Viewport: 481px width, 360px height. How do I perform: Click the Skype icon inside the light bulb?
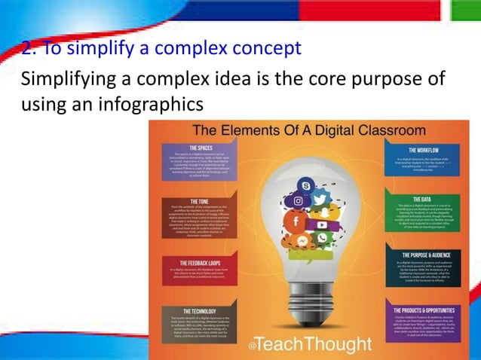click(305, 185)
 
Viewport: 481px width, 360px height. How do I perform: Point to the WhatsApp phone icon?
click(323, 239)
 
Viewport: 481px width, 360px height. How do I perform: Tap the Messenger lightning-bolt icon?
click(302, 241)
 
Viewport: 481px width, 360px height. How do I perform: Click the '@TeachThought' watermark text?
click(311, 345)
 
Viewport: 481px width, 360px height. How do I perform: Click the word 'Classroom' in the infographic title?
click(388, 130)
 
